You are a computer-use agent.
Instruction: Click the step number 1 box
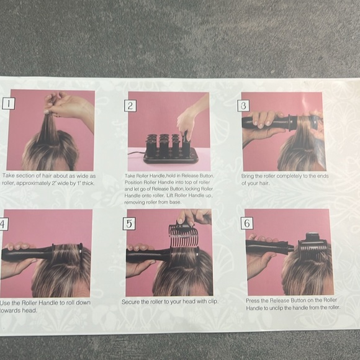click(x=8, y=104)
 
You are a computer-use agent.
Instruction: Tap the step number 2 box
click(x=130, y=106)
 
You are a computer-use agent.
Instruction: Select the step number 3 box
click(x=245, y=106)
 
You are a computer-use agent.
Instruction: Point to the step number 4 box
click(x=2, y=224)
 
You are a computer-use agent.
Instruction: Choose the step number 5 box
click(x=129, y=223)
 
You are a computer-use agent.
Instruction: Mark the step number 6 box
click(x=248, y=223)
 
